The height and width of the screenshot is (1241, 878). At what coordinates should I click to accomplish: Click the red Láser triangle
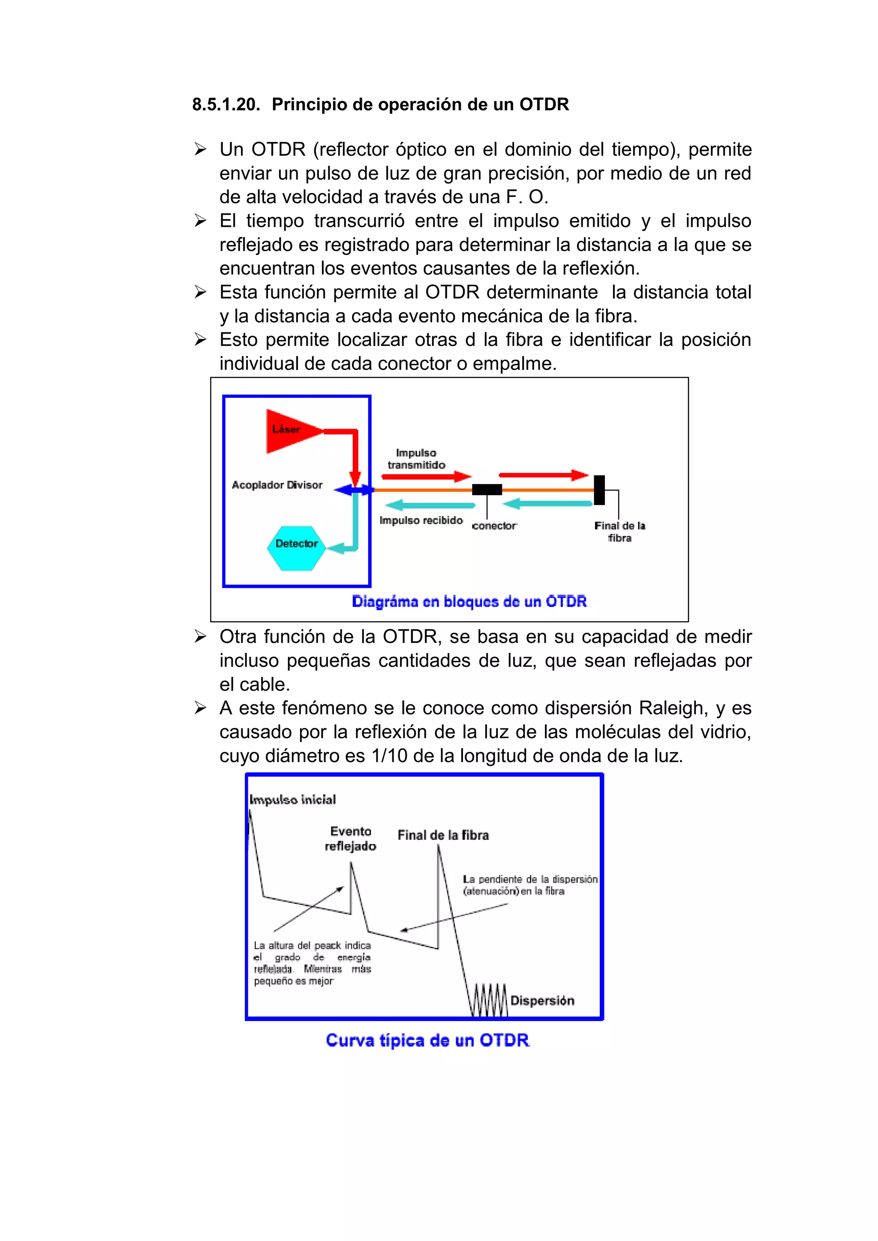pyautogui.click(x=289, y=431)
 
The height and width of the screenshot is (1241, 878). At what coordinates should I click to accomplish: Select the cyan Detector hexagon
pyautogui.click(x=296, y=547)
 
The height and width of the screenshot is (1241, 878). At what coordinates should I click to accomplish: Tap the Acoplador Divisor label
pyautogui.click(x=277, y=485)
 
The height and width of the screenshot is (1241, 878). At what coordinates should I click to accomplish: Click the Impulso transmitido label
pyautogui.click(x=416, y=459)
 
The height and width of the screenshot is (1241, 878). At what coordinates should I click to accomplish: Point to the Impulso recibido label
pyautogui.click(x=421, y=520)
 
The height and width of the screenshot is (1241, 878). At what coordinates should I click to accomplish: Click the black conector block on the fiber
pyautogui.click(x=487, y=490)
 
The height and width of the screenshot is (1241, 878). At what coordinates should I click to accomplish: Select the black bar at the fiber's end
pyautogui.click(x=599, y=490)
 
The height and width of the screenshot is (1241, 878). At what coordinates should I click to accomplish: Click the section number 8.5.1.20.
pyautogui.click(x=226, y=104)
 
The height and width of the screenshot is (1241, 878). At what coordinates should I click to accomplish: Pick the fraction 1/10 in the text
pyautogui.click(x=389, y=756)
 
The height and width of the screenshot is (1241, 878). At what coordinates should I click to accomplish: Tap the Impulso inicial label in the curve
pyautogui.click(x=292, y=799)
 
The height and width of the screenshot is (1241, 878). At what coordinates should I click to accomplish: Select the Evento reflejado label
pyautogui.click(x=350, y=839)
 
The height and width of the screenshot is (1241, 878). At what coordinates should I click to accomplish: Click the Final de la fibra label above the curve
pyautogui.click(x=443, y=835)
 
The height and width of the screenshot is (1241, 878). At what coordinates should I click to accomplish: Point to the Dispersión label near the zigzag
pyautogui.click(x=542, y=1001)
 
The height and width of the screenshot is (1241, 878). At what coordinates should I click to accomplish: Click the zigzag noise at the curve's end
pyautogui.click(x=489, y=1001)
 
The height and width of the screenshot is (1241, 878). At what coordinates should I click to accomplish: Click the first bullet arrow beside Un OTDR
pyautogui.click(x=200, y=149)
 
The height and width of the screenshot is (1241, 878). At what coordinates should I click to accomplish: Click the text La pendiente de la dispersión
pyautogui.click(x=530, y=879)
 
